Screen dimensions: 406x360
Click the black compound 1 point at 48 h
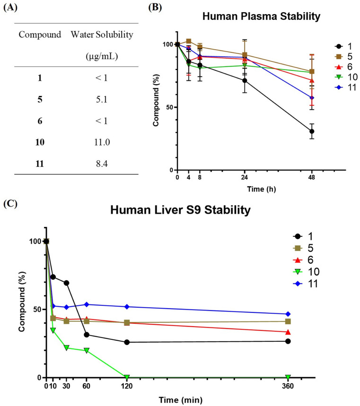tap(312, 131)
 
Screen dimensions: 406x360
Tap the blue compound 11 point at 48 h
tap(312, 98)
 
